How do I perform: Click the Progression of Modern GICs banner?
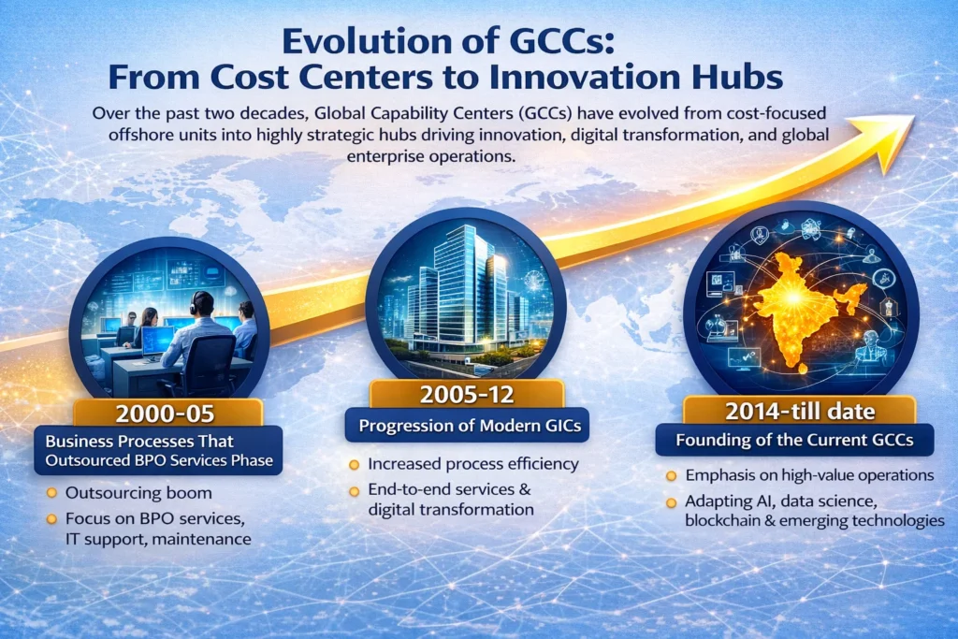(x=468, y=427)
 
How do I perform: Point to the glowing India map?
(x=800, y=290)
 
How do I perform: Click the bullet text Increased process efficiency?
(x=472, y=464)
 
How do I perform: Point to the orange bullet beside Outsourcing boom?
(x=53, y=493)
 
